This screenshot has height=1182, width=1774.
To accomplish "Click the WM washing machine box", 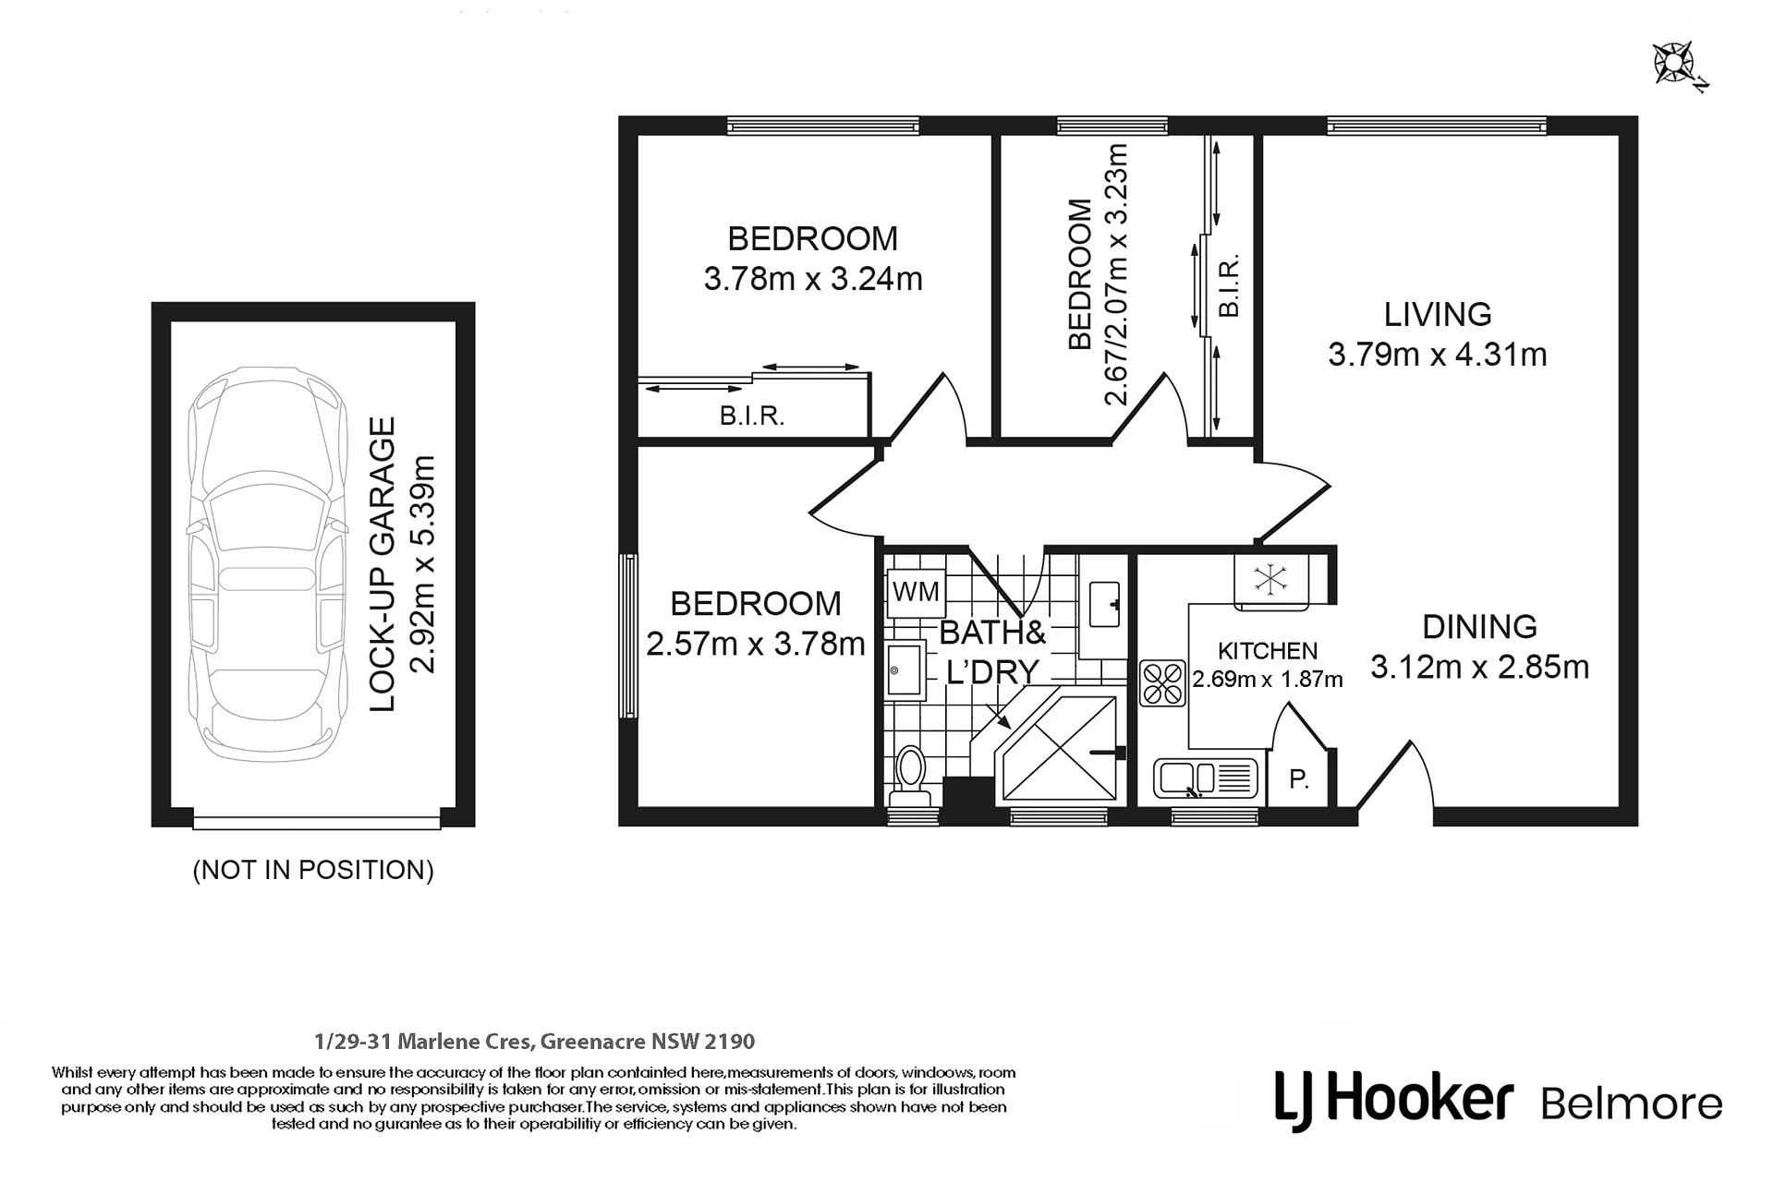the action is pos(916,591).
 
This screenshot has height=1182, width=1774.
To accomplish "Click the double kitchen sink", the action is pos(1206,778).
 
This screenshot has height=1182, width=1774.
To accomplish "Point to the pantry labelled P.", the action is pos(1299,778).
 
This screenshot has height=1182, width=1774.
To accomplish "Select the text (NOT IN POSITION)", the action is pos(313,870).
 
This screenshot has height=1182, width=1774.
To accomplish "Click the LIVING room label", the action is pos(1438,315).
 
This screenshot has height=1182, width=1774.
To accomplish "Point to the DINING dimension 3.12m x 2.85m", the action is pos(1479,667).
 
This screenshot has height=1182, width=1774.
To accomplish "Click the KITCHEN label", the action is pos(1268,651).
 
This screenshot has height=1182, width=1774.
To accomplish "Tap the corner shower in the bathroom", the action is pos(1059,748).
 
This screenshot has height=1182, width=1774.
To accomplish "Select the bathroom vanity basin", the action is pos(1104,605).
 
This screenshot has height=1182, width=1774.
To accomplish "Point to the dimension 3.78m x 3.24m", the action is pos(813,279).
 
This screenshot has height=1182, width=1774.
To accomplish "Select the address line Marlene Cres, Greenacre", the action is pos(534,1042).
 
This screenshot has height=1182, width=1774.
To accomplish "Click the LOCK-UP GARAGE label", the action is pos(382,563).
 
